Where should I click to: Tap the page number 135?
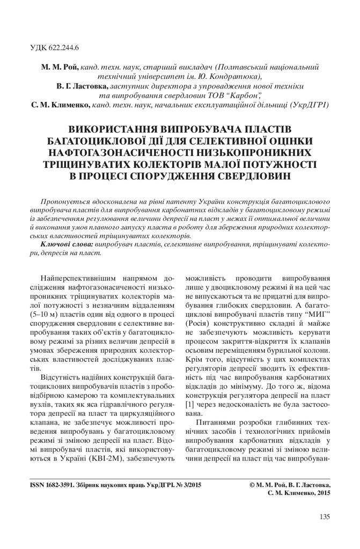tap(324, 517)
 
